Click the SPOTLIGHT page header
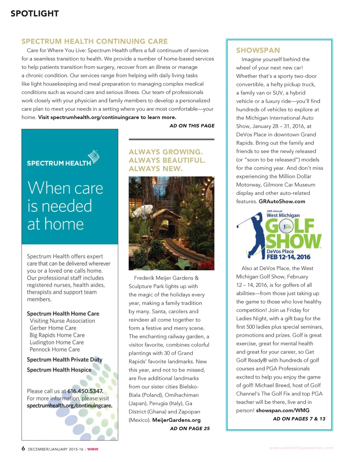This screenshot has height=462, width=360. tap(34, 14)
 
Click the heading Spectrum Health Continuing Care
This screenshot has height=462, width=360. tap(95, 41)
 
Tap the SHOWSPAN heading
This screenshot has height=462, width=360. tap(258, 50)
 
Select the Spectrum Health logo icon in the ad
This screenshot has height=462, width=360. tap(94, 157)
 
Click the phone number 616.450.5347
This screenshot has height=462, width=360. tap(85, 391)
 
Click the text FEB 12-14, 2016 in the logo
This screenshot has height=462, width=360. tap(288, 257)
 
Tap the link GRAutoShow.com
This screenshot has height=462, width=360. tap(282, 201)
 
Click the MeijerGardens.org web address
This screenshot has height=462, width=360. tap(176, 420)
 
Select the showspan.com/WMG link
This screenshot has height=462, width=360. tap(283, 410)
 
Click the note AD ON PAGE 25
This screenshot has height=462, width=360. tap(190, 428)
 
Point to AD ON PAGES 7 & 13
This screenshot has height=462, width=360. tap(299, 419)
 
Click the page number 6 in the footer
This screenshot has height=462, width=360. tap(23, 448)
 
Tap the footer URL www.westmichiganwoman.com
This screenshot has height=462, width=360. tap(301, 448)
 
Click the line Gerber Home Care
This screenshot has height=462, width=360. tap(53, 328)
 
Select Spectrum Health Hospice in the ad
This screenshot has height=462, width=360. tap(59, 370)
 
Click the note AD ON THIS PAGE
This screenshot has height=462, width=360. tap(192, 126)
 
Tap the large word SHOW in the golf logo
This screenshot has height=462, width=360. tap(294, 242)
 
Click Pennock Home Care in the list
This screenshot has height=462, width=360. tap(54, 349)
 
